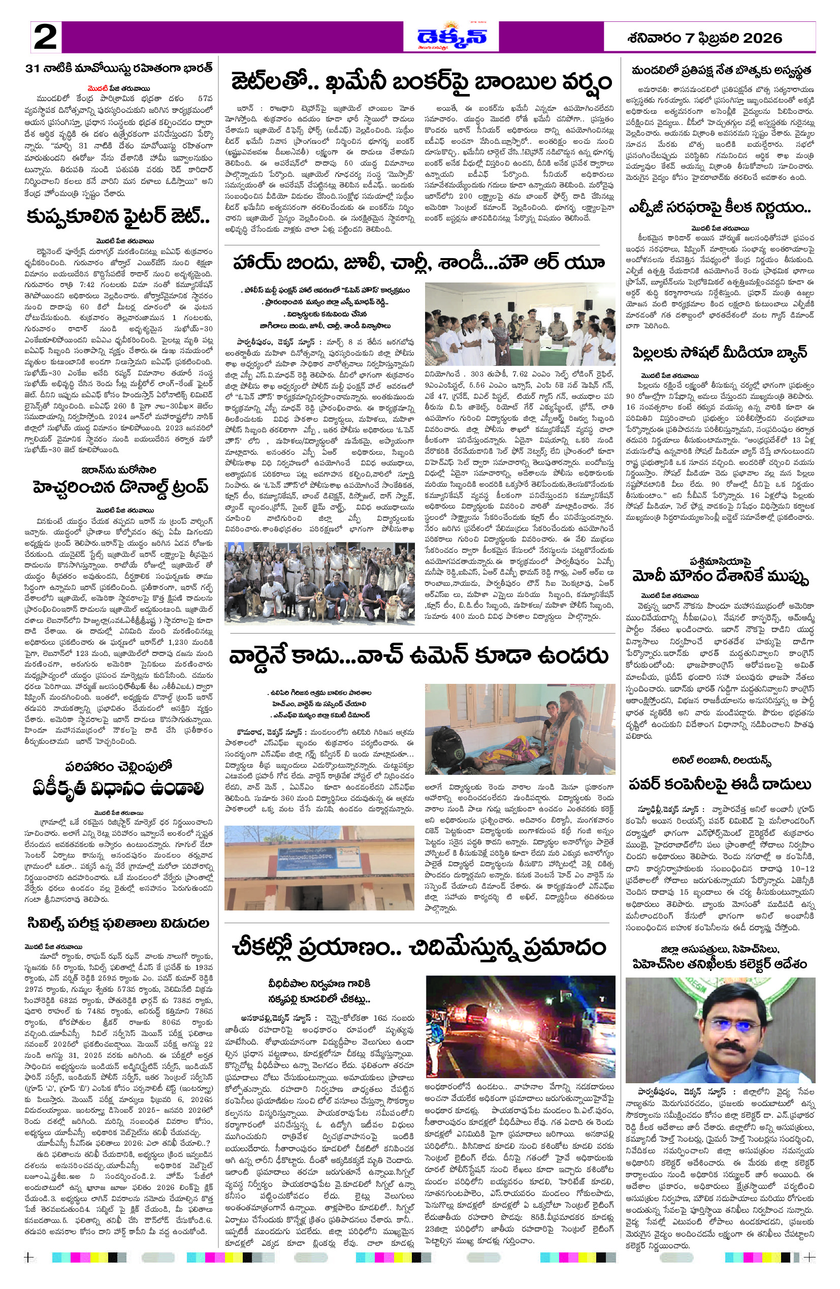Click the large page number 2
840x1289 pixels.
[46, 38]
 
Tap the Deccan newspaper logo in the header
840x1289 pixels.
[451, 37]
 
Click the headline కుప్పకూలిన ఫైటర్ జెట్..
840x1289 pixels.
[118, 217]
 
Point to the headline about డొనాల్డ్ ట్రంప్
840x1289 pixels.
[120, 487]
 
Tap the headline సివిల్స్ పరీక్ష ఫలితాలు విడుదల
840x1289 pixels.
[118, 922]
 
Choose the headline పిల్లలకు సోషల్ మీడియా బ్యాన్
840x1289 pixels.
[719, 353]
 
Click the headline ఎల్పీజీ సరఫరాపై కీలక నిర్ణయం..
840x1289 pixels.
[719, 208]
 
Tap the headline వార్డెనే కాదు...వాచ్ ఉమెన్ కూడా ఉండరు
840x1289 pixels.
[418, 655]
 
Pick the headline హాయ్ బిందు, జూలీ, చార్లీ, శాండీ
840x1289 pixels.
[418, 263]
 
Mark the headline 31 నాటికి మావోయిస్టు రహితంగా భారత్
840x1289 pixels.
[119, 69]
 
